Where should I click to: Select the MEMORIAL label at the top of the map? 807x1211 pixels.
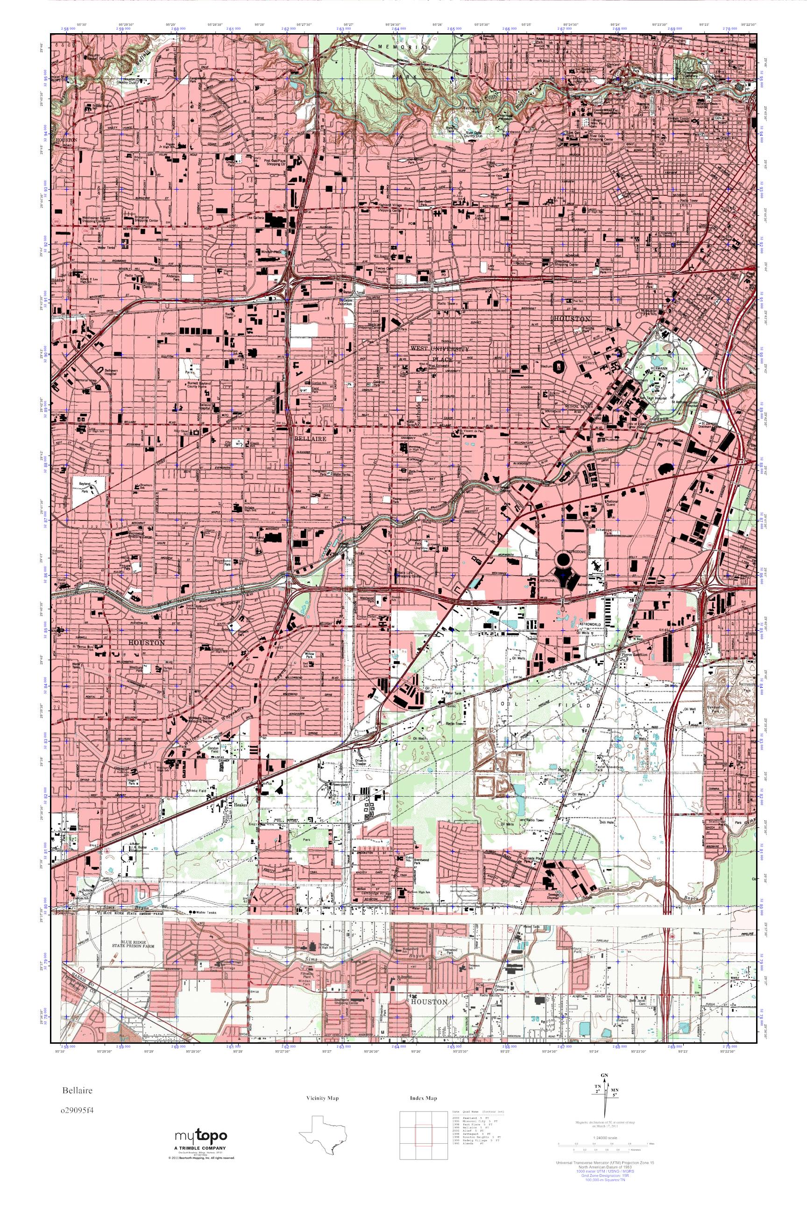(404, 47)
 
